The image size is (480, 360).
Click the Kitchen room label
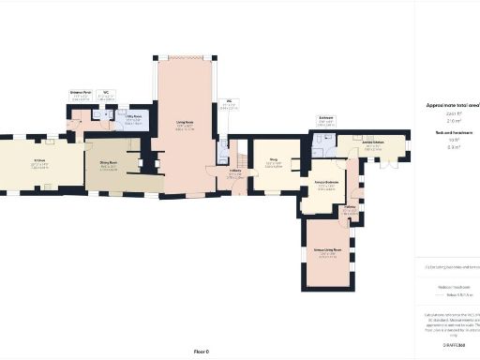(39, 160)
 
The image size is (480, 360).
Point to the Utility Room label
(134, 117)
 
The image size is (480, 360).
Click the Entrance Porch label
(81, 93)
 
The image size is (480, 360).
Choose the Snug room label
(276, 161)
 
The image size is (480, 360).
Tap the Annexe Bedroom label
(326, 184)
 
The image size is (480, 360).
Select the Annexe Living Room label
(328, 250)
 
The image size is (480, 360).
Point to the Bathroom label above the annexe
(326, 118)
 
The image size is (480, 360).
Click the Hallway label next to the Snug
(236, 172)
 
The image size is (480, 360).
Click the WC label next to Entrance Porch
(107, 93)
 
